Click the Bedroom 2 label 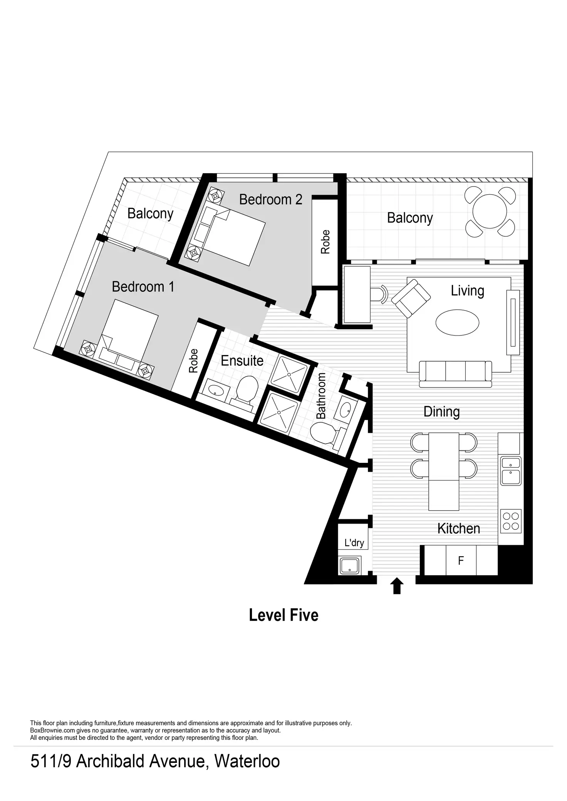(270, 200)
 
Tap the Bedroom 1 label (143, 287)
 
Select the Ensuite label (242, 361)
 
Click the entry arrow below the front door (397, 586)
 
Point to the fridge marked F (461, 561)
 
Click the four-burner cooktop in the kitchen (511, 521)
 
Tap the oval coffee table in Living (457, 322)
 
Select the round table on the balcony (490, 212)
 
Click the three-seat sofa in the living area (455, 373)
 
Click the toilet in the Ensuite (246, 389)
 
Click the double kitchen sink (511, 471)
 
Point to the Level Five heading (283, 615)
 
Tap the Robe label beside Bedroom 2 (325, 242)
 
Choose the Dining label (441, 412)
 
